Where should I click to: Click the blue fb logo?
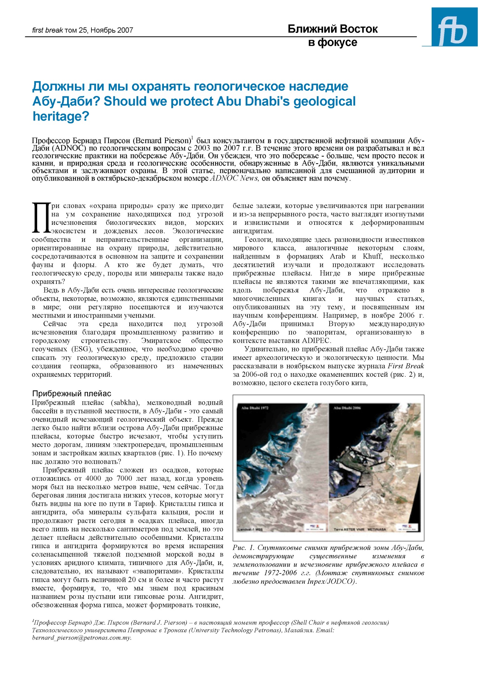454,27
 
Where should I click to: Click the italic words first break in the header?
47,30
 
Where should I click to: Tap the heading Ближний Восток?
332,29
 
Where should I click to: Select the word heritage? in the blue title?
61,116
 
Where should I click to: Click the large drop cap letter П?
41,218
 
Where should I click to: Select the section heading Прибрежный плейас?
72,394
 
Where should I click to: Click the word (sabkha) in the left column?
125,403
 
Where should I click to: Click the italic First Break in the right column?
406,366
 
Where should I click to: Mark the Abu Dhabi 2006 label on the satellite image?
347,408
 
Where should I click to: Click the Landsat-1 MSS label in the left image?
251,529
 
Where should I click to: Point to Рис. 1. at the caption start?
244,548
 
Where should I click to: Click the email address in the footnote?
82,638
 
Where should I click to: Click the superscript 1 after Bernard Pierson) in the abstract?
192,138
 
